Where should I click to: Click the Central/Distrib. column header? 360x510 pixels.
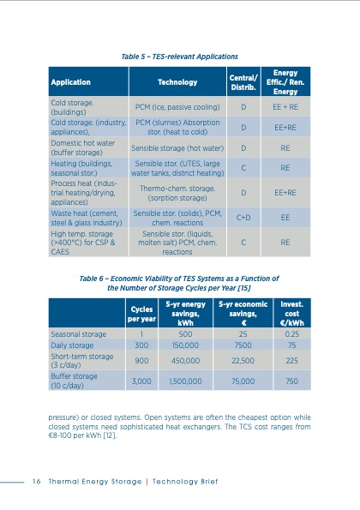pos(243,83)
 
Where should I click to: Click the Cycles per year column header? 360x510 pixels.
pos(141,309)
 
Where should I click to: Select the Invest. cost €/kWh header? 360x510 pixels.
pos(292,309)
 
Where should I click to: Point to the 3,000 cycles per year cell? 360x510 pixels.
pos(141,380)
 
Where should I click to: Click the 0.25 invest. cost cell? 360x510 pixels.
pos(292,333)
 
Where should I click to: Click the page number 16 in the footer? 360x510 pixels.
pos(38,480)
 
